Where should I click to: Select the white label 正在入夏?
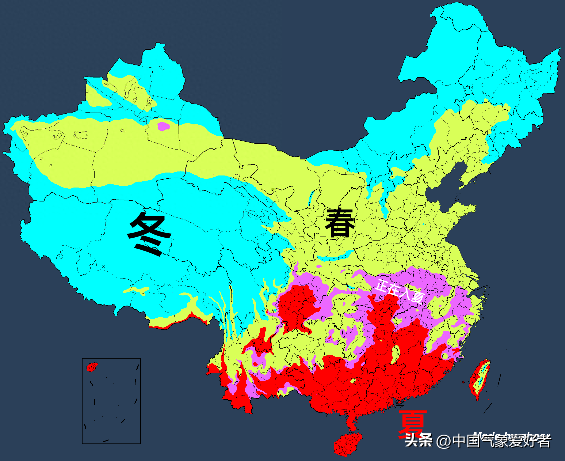[x=399, y=291]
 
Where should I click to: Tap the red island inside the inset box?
[x=92, y=367]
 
